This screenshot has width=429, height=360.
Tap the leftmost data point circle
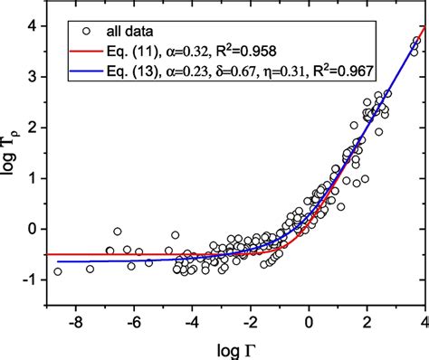[59, 270]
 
